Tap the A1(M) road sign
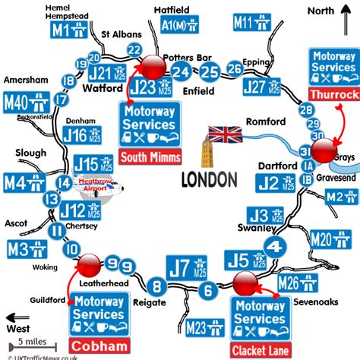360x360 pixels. click(x=176, y=27)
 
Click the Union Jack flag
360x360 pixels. click(x=225, y=134)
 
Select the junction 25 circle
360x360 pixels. click(x=209, y=73)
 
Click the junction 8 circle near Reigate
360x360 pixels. click(x=158, y=287)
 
